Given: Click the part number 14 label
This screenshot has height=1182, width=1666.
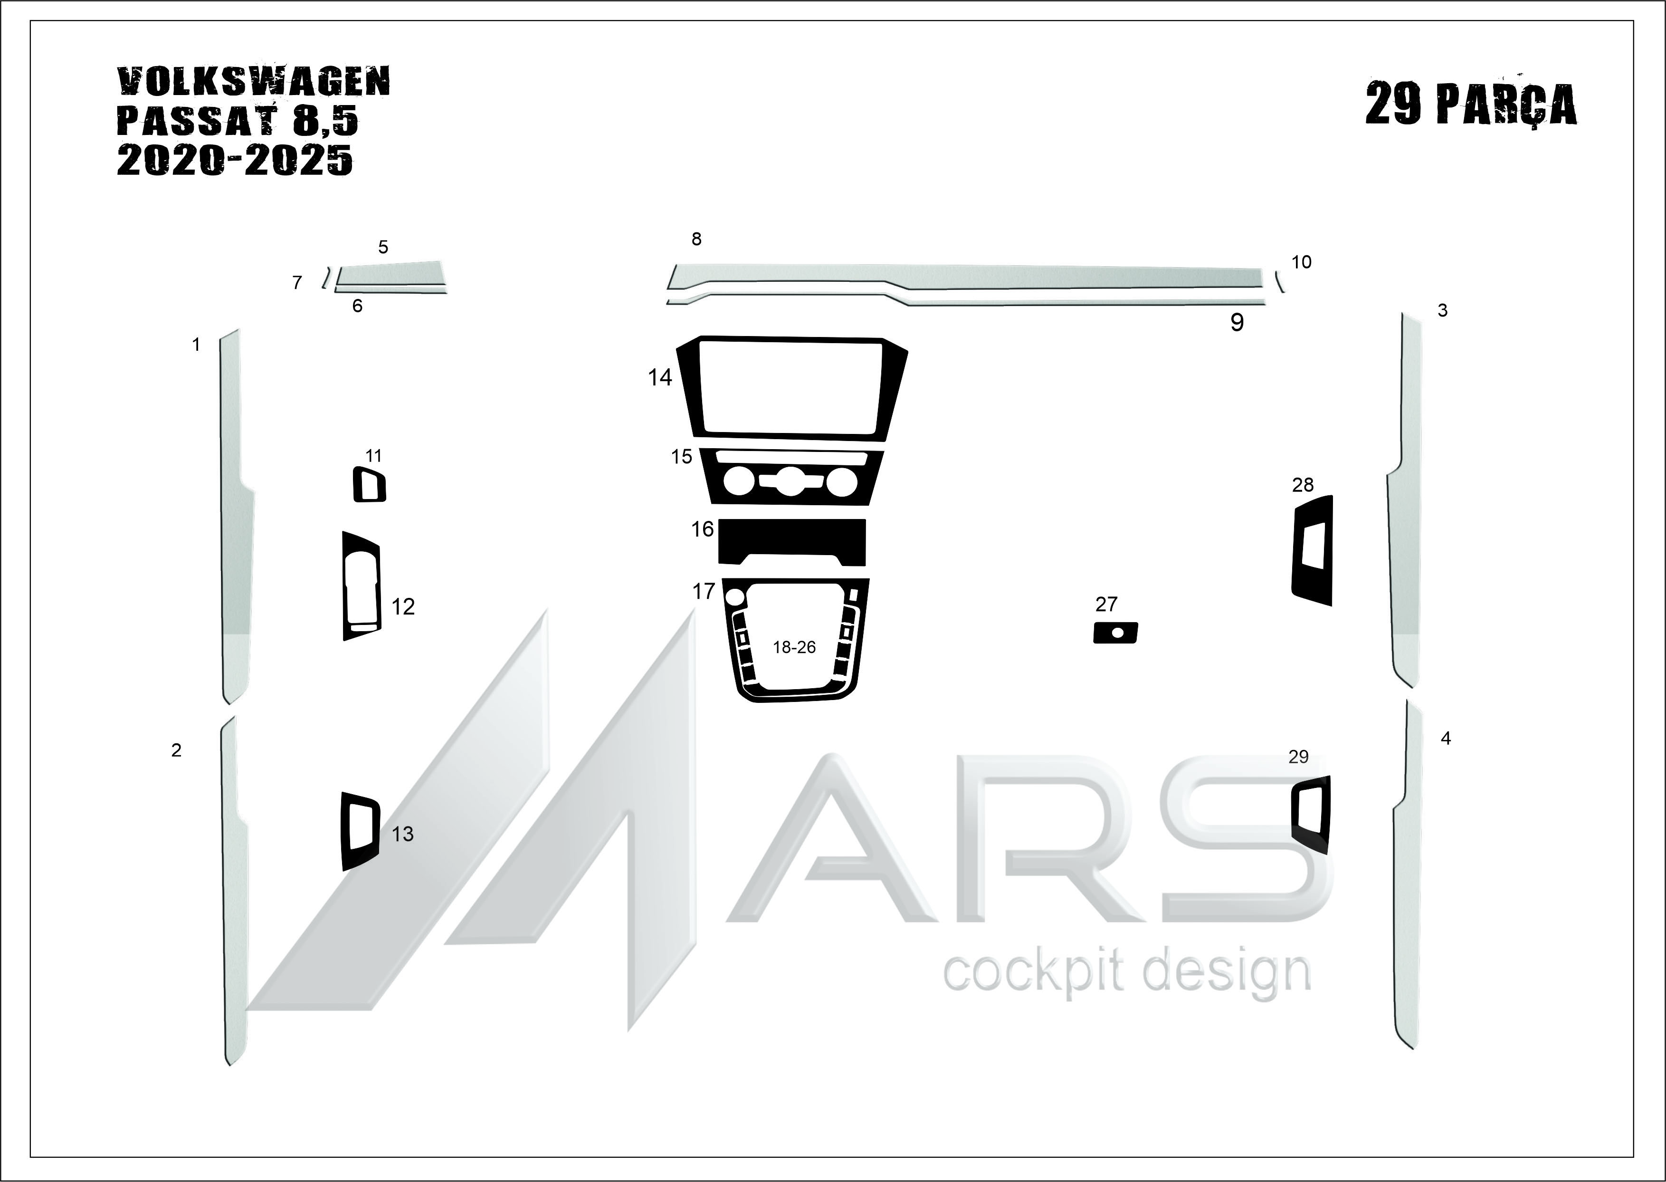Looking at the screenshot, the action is tap(660, 377).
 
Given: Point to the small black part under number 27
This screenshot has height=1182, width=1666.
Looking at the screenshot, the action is tap(1115, 633).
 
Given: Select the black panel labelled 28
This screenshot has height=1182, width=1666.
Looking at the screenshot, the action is tap(1313, 550).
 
